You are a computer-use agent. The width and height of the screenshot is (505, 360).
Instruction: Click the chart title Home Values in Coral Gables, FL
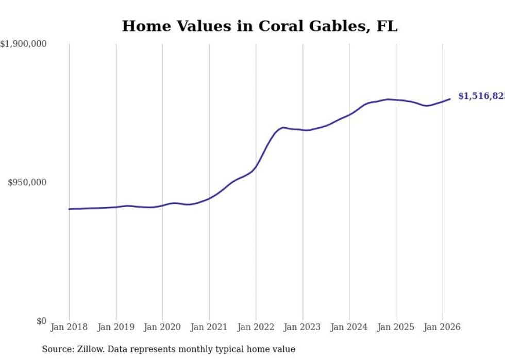click(259, 26)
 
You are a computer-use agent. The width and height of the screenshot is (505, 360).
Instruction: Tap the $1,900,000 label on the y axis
click(23, 44)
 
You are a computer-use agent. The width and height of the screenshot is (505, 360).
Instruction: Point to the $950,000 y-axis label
click(27, 182)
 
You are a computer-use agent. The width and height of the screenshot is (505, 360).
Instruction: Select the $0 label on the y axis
click(41, 321)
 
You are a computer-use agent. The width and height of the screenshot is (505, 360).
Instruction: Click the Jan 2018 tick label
click(69, 327)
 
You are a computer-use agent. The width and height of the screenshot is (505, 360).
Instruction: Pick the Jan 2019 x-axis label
click(116, 327)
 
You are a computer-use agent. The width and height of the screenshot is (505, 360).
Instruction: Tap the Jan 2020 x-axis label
click(162, 327)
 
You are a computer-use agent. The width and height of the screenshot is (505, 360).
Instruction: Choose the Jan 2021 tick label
click(209, 327)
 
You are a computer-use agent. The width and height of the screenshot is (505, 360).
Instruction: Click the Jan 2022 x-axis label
click(256, 327)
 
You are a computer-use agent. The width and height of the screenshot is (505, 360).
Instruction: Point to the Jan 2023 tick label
click(302, 327)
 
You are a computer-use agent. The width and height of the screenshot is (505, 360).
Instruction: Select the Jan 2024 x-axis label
click(349, 327)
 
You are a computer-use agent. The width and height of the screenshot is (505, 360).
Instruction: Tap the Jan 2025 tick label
click(396, 327)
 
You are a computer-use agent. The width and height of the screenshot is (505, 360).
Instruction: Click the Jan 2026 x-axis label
click(443, 327)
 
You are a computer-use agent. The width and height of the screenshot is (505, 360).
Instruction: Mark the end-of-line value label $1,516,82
click(481, 96)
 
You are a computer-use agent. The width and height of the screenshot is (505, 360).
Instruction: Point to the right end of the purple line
click(450, 99)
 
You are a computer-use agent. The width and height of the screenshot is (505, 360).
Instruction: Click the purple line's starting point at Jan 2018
click(69, 209)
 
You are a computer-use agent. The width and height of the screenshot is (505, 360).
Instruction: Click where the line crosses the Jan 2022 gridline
click(256, 166)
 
